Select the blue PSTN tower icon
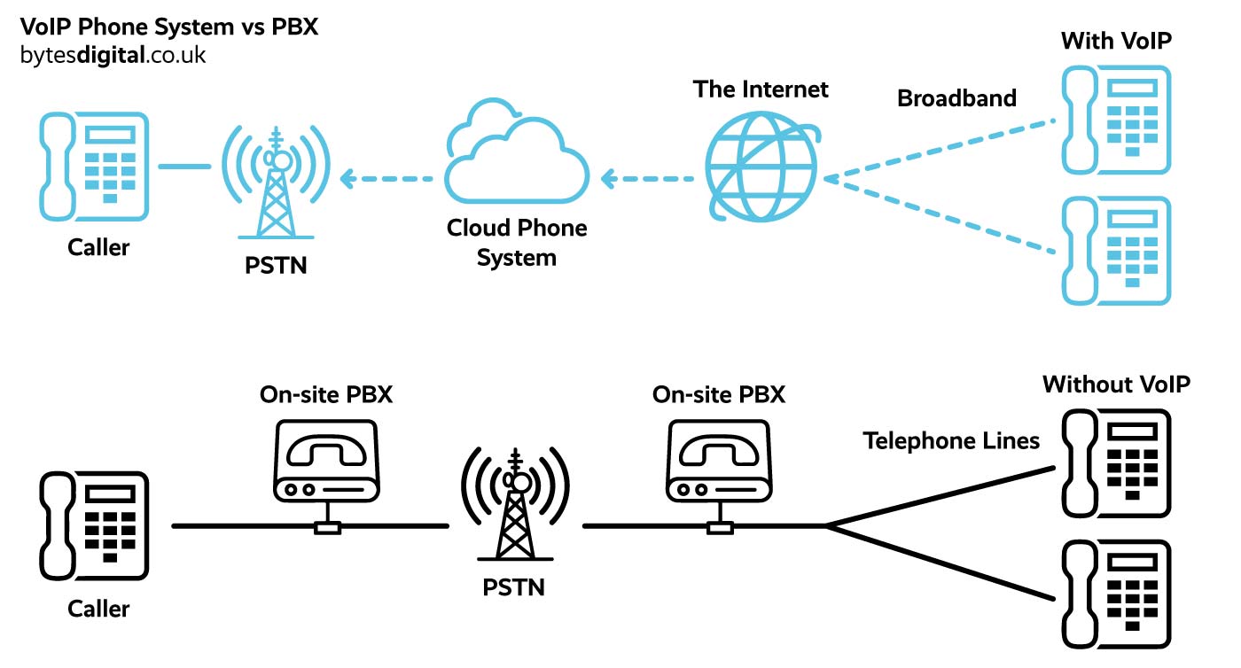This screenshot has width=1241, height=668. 277,182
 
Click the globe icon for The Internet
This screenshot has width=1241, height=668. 761,166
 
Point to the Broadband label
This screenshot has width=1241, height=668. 956,98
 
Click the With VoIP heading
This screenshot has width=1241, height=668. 1116,41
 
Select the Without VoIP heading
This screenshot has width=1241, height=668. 1116,384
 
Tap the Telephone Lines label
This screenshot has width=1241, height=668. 951,440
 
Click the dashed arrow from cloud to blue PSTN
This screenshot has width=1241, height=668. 386,179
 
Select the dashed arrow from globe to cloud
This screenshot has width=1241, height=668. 647,179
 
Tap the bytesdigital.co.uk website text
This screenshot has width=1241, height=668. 113,55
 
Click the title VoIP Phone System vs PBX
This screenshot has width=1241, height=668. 168,27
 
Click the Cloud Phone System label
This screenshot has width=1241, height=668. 517,243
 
